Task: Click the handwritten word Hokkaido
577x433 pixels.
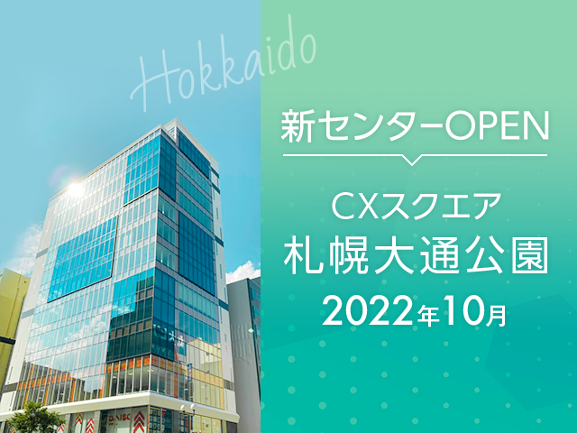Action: click(224, 66)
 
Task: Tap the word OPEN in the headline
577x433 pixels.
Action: click(497, 127)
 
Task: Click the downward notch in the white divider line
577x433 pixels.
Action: click(412, 160)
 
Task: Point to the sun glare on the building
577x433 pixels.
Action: click(75, 189)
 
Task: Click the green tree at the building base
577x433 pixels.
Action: click(35, 418)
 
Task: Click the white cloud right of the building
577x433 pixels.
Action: click(243, 272)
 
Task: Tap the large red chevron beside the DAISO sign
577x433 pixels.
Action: click(139, 421)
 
